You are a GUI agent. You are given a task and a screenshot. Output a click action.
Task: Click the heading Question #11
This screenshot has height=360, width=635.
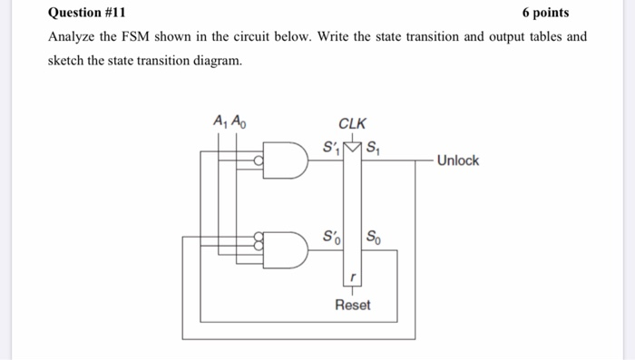click(x=88, y=13)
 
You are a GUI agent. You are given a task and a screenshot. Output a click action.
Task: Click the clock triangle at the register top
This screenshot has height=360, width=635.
click(x=352, y=147)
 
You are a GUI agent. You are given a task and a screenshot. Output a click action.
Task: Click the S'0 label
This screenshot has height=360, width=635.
click(x=332, y=238)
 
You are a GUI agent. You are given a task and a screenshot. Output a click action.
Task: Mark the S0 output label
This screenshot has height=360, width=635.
click(x=375, y=238)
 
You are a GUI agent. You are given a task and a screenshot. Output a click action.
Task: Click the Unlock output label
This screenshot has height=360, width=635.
click(x=457, y=161)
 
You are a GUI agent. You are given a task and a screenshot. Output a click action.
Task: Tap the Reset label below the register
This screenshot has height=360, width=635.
click(x=352, y=305)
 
